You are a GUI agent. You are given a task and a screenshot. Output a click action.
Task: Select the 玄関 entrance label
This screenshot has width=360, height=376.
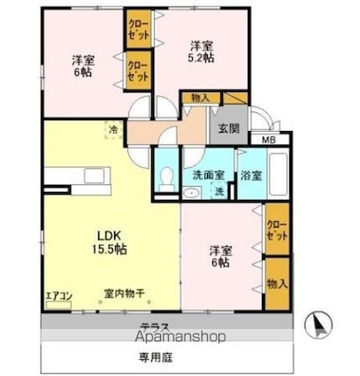point(228,128)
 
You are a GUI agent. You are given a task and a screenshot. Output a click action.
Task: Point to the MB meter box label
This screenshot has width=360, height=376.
point(268,140)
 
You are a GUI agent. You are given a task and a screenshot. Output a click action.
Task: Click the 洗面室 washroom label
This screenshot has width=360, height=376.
point(209,174)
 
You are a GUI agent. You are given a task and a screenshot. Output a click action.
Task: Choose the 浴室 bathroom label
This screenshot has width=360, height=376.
point(250,174)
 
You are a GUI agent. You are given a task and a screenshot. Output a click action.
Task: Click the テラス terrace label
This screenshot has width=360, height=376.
point(153,326)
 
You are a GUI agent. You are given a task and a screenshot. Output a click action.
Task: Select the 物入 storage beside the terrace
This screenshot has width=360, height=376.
point(276,283)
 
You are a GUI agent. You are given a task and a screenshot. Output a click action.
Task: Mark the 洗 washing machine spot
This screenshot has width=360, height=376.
point(219,193)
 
